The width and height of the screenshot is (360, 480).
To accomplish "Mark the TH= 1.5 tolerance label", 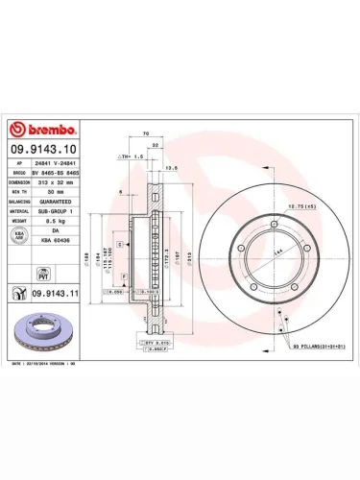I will pos(131,155).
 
